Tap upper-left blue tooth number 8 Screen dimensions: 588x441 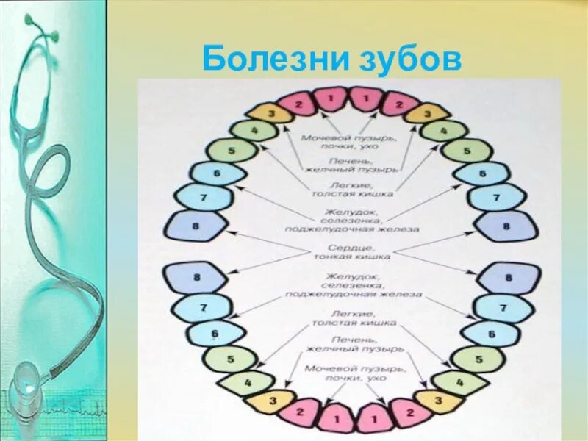[x=196, y=226]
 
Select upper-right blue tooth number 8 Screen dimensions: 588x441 [x=506, y=226]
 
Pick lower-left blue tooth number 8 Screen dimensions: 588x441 [x=196, y=278]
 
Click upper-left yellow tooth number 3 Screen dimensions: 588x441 [x=270, y=113]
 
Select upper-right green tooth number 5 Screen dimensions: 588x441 [x=467, y=150]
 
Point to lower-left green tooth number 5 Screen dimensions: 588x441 [x=229, y=359]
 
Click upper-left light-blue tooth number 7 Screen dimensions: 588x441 [x=204, y=197]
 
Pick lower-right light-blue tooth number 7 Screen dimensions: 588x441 [x=503, y=308]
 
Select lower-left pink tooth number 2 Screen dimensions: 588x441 [x=299, y=412]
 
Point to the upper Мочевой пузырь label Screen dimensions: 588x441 [x=350, y=137]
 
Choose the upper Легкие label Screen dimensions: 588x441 [x=350, y=186]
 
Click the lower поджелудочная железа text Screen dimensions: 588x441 [x=354, y=294]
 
